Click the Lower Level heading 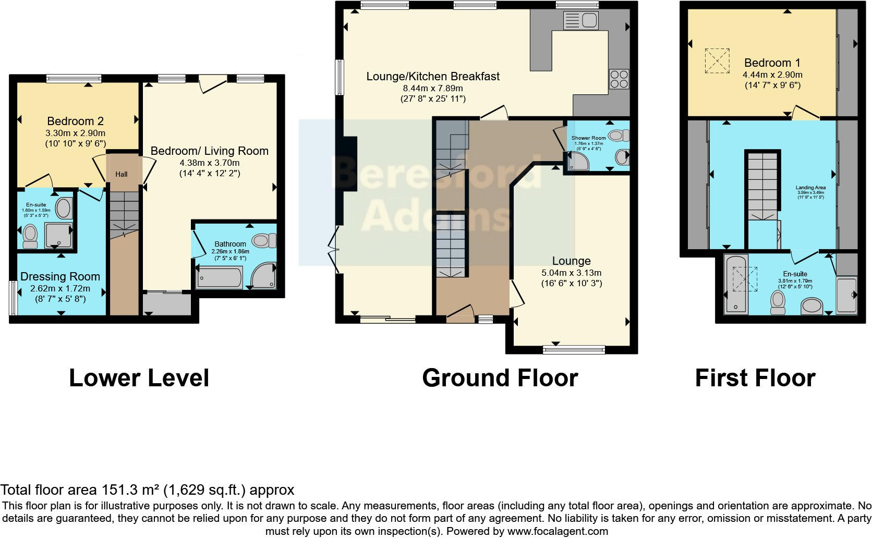(x=139, y=378)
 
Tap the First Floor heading (x=755, y=378)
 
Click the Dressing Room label (x=60, y=277)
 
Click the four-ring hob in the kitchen (x=619, y=79)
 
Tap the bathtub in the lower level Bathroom (x=219, y=277)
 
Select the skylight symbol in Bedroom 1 (x=717, y=61)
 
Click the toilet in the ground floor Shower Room (x=619, y=136)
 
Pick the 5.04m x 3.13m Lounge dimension (x=572, y=273)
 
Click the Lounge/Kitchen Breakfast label (x=433, y=77)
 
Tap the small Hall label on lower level (x=122, y=174)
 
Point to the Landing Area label (x=810, y=188)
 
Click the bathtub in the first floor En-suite (x=736, y=284)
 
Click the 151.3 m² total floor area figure (x=130, y=490)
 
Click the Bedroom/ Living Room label (x=209, y=151)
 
